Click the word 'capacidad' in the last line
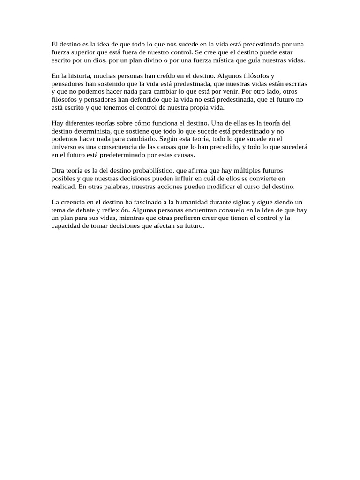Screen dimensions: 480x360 click(66, 225)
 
